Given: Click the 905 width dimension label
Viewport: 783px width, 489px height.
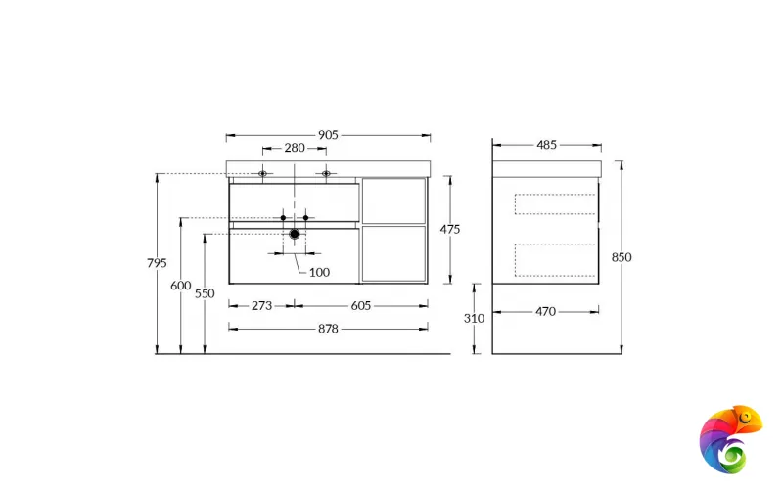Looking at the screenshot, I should pos(328,134).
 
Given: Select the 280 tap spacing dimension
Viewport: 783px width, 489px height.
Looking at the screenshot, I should pos(294,148).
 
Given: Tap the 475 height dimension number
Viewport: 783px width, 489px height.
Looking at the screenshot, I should pos(450,229).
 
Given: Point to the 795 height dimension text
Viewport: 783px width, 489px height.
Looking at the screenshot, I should pos(156,263).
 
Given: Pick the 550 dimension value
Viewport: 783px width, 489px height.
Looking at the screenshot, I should pos(204,293).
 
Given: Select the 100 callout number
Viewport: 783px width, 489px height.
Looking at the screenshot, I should pos(319,272).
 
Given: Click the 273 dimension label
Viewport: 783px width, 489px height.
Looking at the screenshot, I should pos(261,305).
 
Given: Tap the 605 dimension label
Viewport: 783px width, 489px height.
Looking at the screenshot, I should pos(360,305).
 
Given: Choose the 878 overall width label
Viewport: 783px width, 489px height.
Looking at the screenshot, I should pos(328,329).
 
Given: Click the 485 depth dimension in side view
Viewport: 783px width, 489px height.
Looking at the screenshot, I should pos(546,145).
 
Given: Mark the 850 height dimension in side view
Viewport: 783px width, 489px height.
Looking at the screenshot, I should pos(622,257).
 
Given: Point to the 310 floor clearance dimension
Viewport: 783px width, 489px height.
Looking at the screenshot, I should pos(474,318).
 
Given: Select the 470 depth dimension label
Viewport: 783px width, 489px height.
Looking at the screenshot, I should pos(545,312).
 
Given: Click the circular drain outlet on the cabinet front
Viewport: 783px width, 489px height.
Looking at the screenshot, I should pos(295,234).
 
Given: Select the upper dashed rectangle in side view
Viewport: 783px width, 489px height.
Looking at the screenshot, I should pos(555,203).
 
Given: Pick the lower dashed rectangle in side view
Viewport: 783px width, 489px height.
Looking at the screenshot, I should pos(555,259).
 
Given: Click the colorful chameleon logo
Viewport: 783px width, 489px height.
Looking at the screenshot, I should pos(728,438).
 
